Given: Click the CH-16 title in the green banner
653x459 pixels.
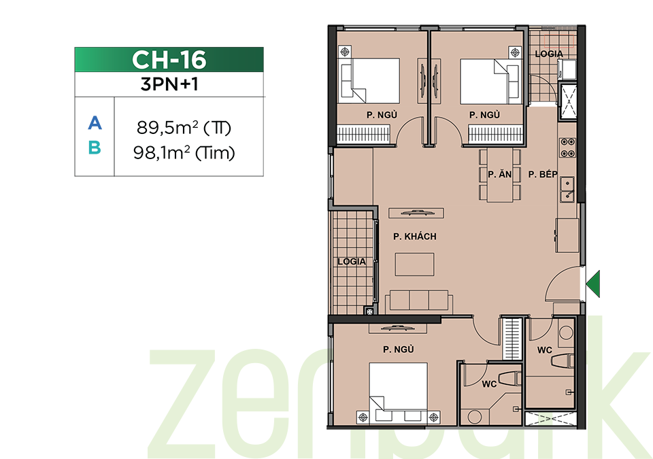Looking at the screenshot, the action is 169,60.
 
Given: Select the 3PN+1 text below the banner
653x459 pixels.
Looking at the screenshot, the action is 169,84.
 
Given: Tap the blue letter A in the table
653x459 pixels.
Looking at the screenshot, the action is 95,123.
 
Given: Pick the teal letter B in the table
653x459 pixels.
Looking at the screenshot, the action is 95,148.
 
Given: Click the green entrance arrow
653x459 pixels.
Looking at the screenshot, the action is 593,284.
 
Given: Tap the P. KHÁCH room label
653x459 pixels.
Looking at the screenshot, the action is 415,237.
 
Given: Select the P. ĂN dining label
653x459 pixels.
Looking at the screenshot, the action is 500,174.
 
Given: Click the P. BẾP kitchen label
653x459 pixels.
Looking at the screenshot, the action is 543,174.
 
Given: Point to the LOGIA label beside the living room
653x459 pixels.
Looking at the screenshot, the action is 352,262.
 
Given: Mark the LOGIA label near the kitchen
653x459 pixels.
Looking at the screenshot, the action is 549,54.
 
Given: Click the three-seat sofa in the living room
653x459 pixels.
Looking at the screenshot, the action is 419,301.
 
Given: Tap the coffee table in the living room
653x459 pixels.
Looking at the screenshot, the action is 414,264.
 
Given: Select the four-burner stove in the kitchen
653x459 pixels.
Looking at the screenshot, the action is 567,148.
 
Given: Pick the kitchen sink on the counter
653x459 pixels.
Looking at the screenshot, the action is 567,190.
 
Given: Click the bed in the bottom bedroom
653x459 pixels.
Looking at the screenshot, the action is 398,392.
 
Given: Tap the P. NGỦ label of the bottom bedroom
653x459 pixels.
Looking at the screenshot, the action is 399,350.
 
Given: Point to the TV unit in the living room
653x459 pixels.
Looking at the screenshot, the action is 416,214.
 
